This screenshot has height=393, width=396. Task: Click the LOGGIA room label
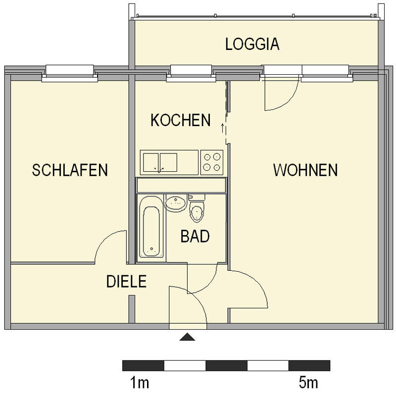[x=252, y=44]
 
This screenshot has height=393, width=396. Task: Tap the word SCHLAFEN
[x=70, y=170]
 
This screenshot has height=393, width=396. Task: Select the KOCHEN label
[x=181, y=120]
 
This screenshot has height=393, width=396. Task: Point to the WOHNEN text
[x=305, y=170]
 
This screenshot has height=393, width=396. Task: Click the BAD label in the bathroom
[x=195, y=236]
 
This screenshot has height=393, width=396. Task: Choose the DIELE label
[x=126, y=282]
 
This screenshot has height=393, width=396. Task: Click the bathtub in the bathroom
[x=150, y=226]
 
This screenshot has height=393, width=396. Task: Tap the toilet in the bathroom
[x=197, y=210]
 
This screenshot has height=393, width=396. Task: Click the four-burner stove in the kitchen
[x=212, y=162]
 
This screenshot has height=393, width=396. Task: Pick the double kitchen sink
[x=159, y=162]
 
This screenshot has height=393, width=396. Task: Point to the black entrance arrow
[x=187, y=338]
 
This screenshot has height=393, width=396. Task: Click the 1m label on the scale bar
[x=140, y=383]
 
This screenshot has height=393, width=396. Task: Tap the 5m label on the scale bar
[x=308, y=383]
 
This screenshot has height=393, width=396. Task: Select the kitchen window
[x=191, y=73]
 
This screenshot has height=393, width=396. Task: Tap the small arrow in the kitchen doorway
[x=222, y=130]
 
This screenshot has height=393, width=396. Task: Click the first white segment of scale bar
[x=185, y=366]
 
